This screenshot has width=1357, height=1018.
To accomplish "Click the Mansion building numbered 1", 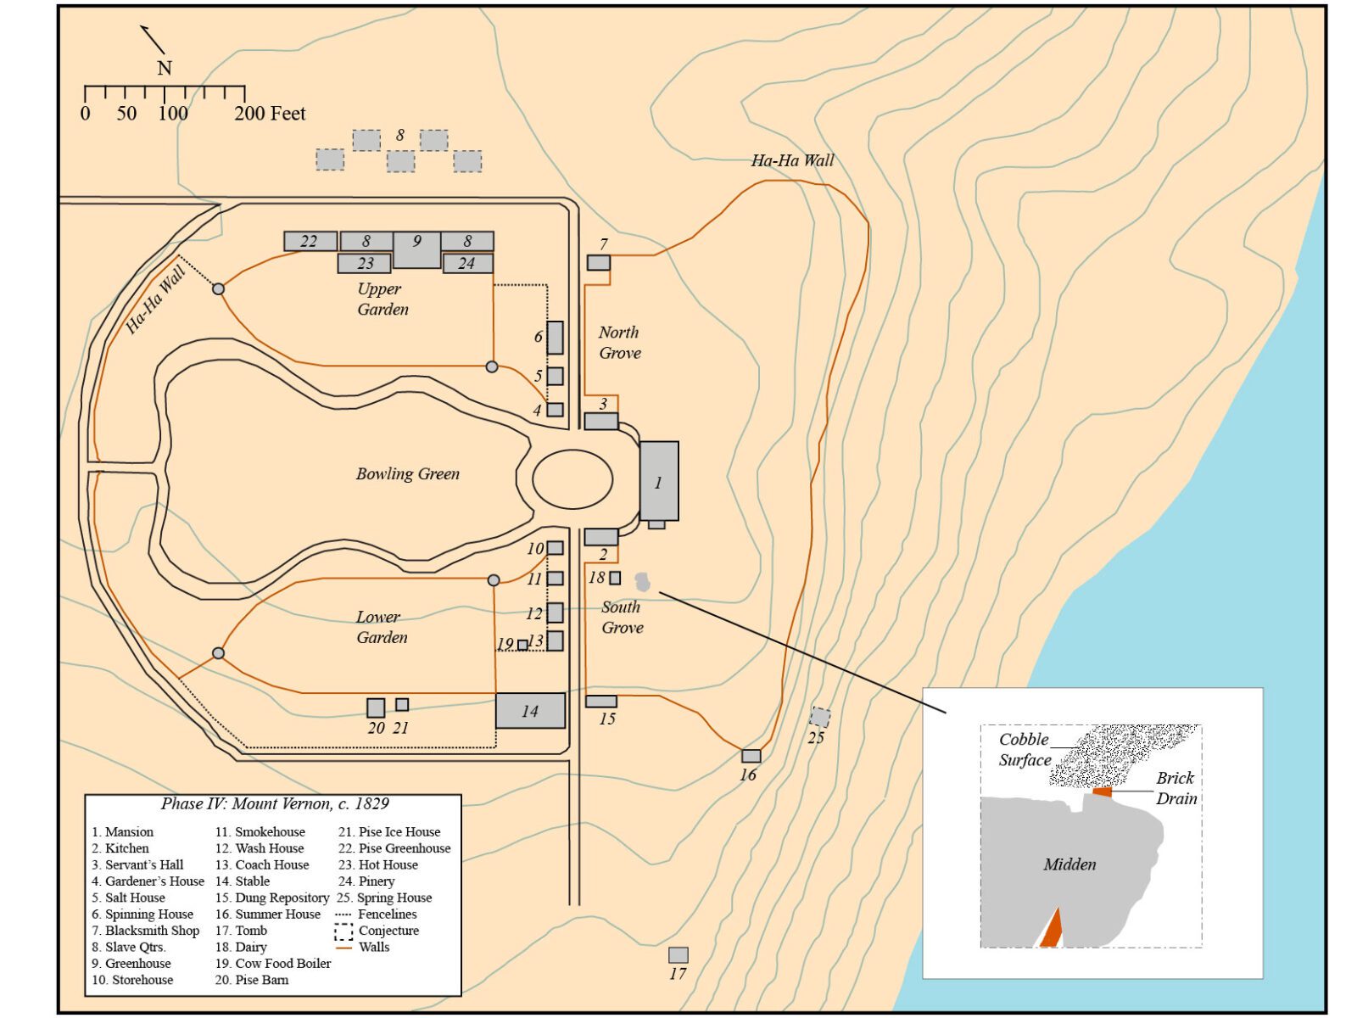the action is coord(659,481).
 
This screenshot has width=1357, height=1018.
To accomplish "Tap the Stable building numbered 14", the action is coord(530,710).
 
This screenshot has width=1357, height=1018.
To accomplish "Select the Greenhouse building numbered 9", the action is coord(416,249).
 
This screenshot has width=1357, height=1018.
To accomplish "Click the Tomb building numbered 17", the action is coord(678,955).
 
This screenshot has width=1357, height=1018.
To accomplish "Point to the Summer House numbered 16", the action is coord(751,756).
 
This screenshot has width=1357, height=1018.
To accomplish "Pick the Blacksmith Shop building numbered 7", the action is coord(598,262).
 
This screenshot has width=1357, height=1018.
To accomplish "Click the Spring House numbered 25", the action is coord(820,717).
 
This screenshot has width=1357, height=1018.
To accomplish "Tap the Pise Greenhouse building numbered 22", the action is coord(310,241).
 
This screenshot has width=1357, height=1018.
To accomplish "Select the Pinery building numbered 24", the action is coord(468,263).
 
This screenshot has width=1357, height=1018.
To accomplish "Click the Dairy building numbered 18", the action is coord(615,578).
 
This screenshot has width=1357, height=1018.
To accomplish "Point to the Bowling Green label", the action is coord(407,473).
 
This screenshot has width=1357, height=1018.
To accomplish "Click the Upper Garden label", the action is coord(382,299).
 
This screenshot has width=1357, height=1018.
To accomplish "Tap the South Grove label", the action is coord(622,617).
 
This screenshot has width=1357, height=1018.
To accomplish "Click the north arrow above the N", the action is coord(152,40).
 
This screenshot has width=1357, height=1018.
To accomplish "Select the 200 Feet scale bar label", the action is coord(270,113).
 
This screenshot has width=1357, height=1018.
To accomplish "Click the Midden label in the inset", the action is coord(1069,864).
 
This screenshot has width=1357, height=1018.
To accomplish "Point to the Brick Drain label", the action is coord(1176,788).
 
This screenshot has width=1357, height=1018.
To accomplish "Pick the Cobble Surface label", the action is coord(1025,749).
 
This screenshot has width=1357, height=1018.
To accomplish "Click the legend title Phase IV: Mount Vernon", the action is coord(275,803).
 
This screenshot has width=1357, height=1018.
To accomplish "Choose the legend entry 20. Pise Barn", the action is coord(252,980).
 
